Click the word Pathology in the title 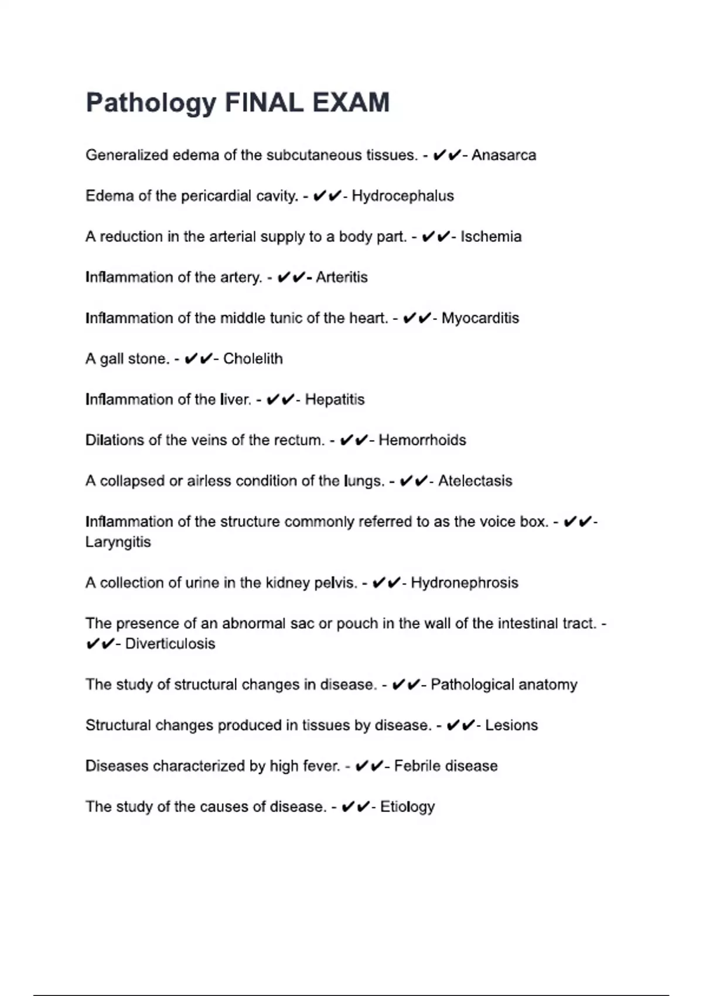(151, 103)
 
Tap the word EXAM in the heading (351, 103)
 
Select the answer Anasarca (504, 155)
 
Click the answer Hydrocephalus (402, 196)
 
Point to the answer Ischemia (491, 237)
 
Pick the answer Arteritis (342, 277)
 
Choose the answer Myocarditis (480, 318)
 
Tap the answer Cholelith (252, 359)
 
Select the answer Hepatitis (335, 400)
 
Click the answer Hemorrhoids (422, 440)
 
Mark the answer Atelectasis (475, 481)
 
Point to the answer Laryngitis (118, 542)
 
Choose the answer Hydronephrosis (464, 583)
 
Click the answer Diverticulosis (170, 644)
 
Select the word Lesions (511, 725)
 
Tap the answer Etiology (407, 807)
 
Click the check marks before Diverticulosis (100, 644)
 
